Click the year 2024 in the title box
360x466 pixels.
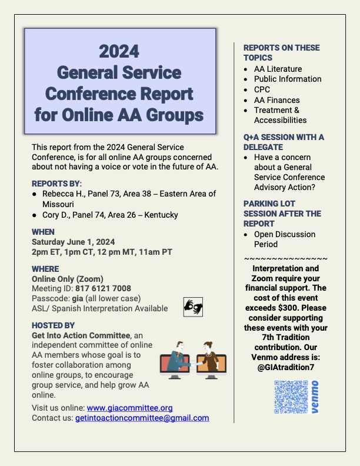[119, 52]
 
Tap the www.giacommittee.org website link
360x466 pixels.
[129, 408]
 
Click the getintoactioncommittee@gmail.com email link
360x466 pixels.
[142, 418]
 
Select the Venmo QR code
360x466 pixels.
[291, 398]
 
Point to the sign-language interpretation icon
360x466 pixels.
[193, 306]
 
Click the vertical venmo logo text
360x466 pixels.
[315, 398]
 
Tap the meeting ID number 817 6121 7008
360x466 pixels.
[103, 288]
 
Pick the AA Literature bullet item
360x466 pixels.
[278, 69]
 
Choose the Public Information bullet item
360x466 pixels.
[287, 79]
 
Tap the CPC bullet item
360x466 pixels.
[262, 89]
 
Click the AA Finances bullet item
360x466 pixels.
[276, 100]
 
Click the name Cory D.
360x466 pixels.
[55, 215]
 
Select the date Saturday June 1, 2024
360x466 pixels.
[74, 242]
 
